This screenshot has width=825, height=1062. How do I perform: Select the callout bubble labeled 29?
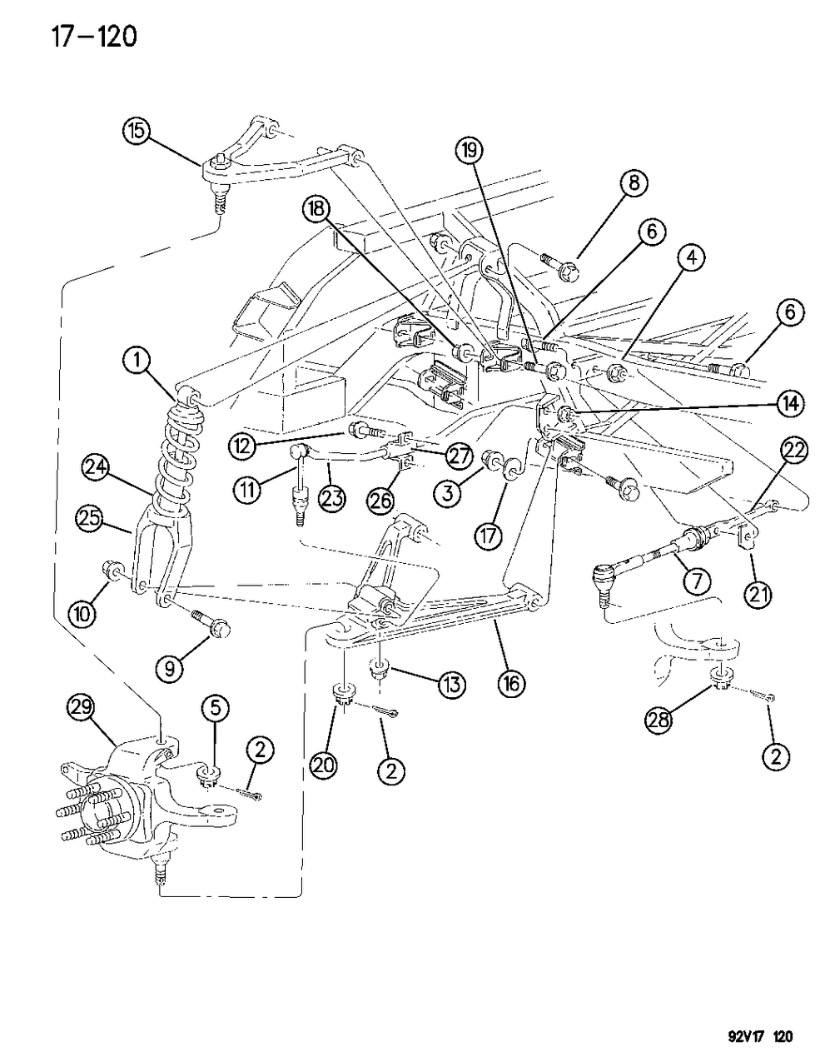[x=81, y=710]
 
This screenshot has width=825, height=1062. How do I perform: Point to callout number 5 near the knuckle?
[x=214, y=710]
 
